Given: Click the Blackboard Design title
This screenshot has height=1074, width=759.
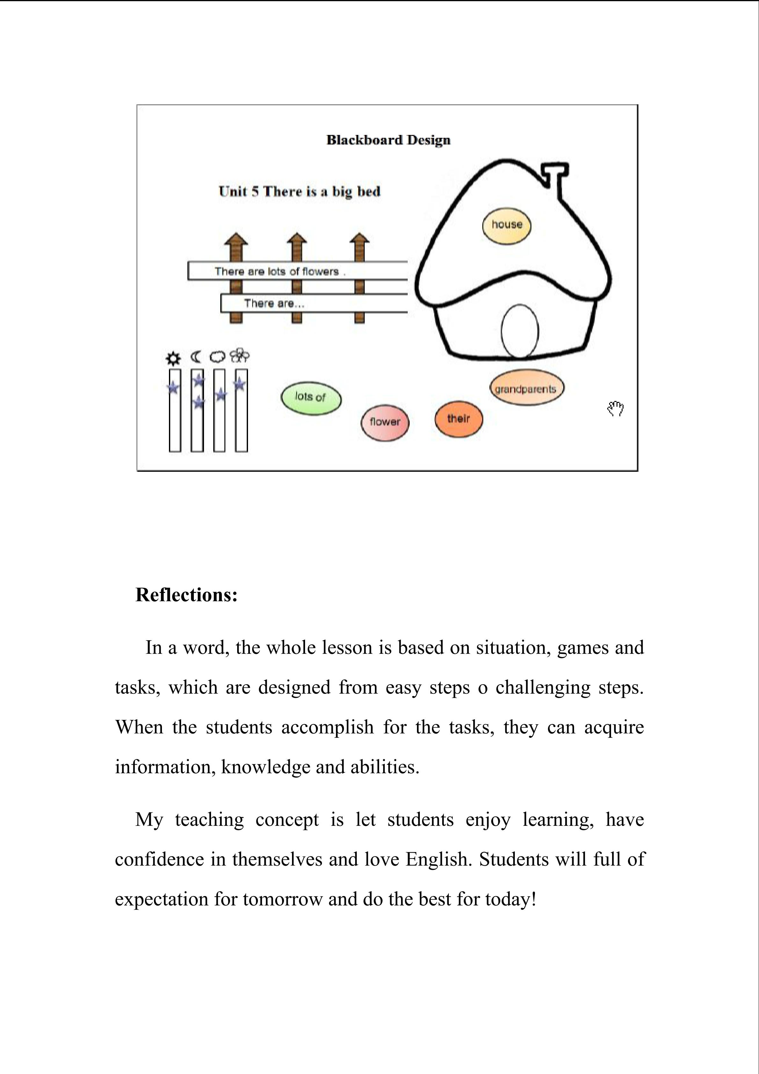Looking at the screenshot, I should (x=388, y=140).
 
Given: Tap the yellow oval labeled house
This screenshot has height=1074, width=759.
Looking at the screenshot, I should (x=507, y=226).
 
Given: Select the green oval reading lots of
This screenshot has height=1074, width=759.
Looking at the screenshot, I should (x=311, y=397).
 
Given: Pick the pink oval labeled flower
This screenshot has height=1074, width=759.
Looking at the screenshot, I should (x=385, y=422).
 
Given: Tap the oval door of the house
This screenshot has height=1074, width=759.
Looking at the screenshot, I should (x=520, y=331).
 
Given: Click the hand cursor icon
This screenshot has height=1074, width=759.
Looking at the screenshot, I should (x=616, y=408).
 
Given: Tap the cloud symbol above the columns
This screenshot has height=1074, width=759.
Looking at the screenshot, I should (x=218, y=357).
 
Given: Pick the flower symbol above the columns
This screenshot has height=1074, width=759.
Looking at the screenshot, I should (x=240, y=356).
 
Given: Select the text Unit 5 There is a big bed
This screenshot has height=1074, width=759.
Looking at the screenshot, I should (x=300, y=191).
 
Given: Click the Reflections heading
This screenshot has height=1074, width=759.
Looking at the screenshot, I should (x=186, y=595).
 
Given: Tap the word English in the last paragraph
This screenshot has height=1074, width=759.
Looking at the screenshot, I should (x=439, y=859).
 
